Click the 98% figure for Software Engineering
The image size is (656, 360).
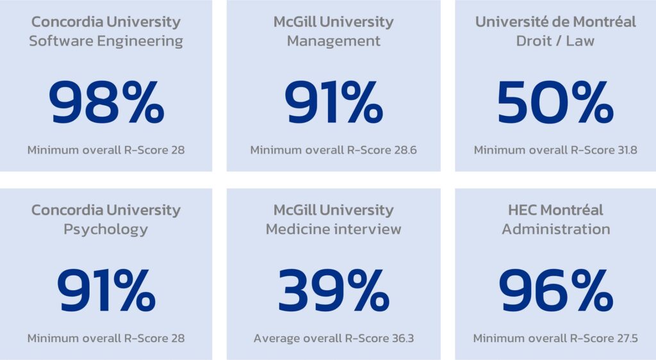point(106,102)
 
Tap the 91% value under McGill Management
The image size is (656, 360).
point(333,102)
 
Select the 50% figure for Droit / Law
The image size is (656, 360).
point(555,102)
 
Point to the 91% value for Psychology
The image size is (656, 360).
point(106,291)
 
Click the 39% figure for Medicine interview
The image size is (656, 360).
point(333,291)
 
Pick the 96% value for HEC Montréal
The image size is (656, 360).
point(555,291)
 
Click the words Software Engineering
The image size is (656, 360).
point(106,41)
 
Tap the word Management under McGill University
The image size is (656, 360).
point(333,41)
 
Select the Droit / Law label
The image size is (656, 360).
point(555,41)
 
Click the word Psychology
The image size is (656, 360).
point(106,229)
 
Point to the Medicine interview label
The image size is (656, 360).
point(333,229)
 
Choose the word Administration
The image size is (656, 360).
point(555,229)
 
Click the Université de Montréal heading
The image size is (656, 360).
point(555,22)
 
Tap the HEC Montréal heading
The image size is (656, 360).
point(555,210)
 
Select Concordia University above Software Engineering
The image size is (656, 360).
point(106,22)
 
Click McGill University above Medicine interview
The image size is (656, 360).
point(333,210)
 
